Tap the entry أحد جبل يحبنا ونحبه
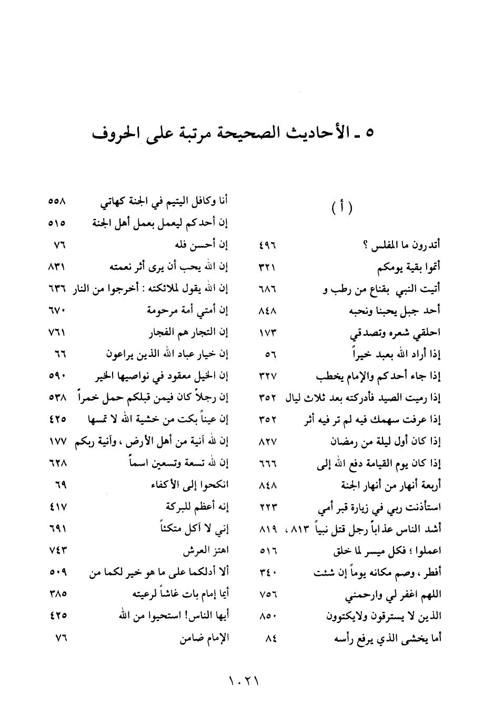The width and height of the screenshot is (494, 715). pos(395,311)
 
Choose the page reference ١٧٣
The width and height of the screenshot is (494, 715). pos(268,333)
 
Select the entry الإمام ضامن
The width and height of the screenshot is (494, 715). pos(205,639)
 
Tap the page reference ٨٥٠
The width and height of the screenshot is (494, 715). pos(268,617)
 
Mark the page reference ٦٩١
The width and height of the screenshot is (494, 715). pos(58,530)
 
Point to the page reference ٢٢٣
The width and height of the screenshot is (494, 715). pos(268,508)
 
